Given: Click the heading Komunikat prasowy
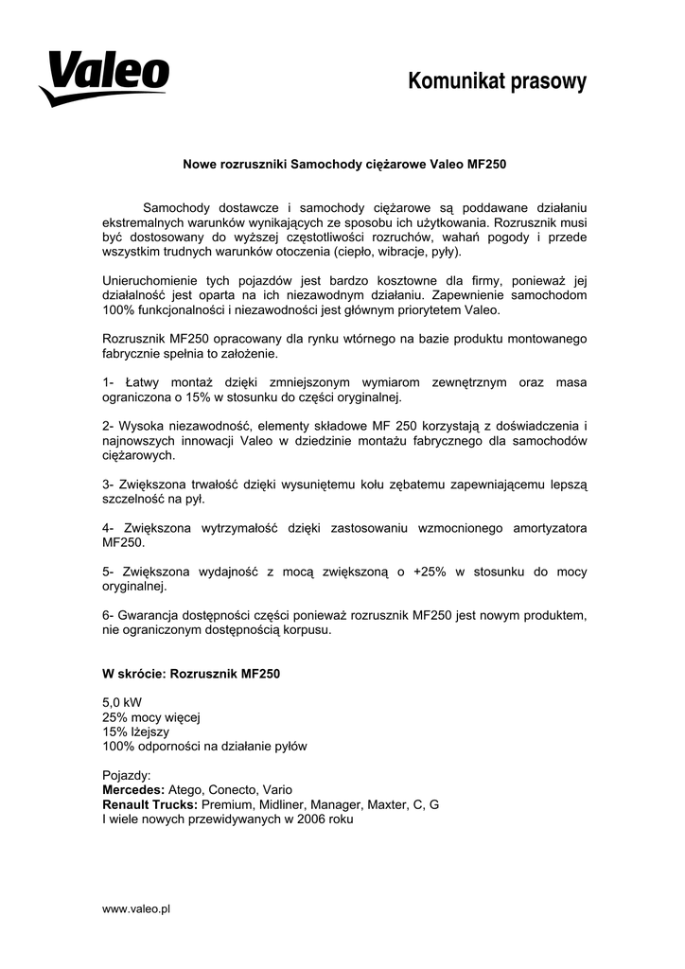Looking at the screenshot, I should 497,82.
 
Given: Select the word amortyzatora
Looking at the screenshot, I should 537,529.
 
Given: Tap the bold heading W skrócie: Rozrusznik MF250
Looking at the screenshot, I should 191,675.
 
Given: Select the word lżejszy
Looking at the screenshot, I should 149,731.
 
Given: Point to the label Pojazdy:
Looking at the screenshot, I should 127,775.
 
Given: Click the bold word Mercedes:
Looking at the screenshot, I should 133,789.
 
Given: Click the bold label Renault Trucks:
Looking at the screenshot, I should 149,804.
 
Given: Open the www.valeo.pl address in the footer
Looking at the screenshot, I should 135,908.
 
